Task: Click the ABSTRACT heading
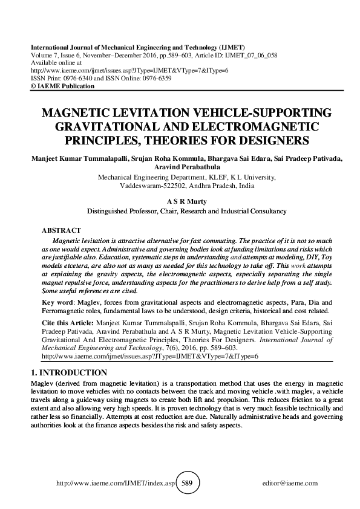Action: pos(61,231)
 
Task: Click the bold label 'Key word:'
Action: pos(57,301)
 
